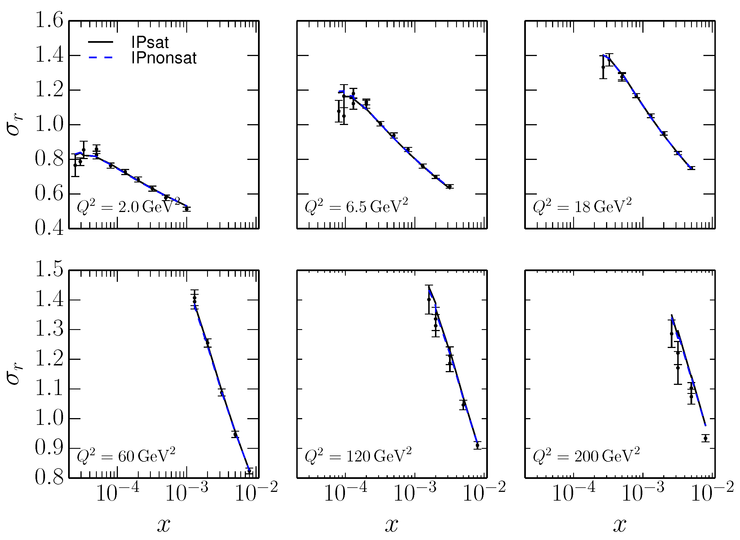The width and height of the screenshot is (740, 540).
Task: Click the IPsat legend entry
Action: coord(150,43)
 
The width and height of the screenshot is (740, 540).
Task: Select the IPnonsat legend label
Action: coord(164,58)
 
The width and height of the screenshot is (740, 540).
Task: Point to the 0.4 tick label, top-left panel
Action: coord(49,228)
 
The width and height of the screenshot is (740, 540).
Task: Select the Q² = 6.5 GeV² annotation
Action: coord(356,207)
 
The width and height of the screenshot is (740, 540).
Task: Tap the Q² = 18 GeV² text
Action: coord(582,207)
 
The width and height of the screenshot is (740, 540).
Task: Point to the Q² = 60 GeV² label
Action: coord(126,456)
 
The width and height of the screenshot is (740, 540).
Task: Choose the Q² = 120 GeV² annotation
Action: coord(358,456)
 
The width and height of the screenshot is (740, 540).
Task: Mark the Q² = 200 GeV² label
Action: coord(586,456)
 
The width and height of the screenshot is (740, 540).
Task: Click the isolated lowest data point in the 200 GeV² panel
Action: coord(705,438)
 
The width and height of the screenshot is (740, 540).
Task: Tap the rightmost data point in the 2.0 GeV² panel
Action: coord(187,209)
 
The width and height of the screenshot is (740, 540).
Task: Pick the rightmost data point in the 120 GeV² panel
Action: coord(477,445)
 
